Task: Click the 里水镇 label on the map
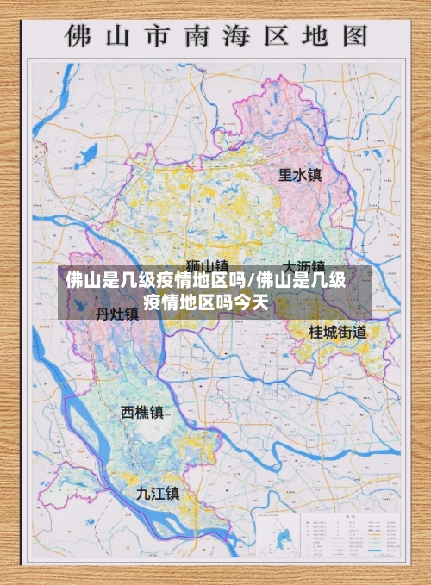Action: point(299,175)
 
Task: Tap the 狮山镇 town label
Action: point(207,265)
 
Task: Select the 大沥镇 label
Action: point(304,265)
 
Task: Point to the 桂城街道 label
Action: point(338,331)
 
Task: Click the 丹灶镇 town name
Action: point(116,314)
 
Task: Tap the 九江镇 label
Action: point(158,493)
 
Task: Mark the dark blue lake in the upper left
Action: point(87,156)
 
